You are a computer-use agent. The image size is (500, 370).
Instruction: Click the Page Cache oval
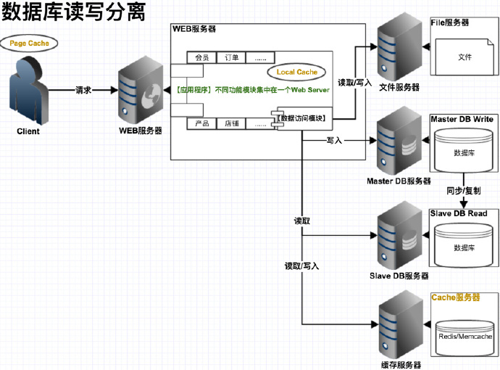coord(29,44)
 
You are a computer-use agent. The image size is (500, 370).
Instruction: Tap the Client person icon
coord(29,91)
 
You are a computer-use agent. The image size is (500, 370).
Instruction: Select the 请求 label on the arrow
coord(83,90)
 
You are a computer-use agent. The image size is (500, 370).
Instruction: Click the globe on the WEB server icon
coord(152,96)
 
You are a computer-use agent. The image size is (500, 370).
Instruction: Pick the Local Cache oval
coord(296,72)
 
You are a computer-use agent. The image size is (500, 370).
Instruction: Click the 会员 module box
coord(202,57)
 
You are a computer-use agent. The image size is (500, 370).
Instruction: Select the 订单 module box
coord(231,57)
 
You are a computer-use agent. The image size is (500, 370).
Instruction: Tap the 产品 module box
coord(202,123)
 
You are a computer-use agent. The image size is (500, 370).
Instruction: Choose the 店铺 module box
coord(231,123)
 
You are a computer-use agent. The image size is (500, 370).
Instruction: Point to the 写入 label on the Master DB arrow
coord(334,141)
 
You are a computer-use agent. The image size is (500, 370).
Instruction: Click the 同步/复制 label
coord(463,191)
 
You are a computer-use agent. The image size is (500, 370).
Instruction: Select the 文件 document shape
coord(464,57)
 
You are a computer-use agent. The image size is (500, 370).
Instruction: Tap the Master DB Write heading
coord(462,119)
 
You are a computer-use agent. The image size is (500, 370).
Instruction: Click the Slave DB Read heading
coord(459,213)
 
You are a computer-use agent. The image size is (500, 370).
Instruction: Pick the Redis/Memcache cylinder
coord(464,338)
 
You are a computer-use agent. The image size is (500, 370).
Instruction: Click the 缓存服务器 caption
coord(401,365)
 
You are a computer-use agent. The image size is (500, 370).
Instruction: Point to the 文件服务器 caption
coord(399,87)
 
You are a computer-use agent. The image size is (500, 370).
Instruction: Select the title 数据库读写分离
coord(74,12)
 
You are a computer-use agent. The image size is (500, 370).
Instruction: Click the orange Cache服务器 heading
coord(455,297)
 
